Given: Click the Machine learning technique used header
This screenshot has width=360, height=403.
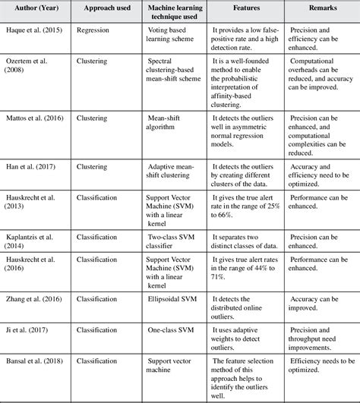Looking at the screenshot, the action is pyautogui.click(x=168, y=14).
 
